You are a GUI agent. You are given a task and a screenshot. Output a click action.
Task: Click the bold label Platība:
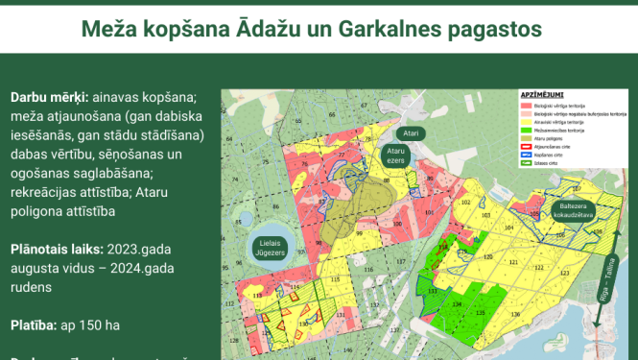point(35,324)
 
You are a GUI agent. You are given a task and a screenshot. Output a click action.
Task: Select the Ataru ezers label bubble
point(395,156)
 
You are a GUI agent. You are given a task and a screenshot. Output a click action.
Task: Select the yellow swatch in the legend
point(526,124)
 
